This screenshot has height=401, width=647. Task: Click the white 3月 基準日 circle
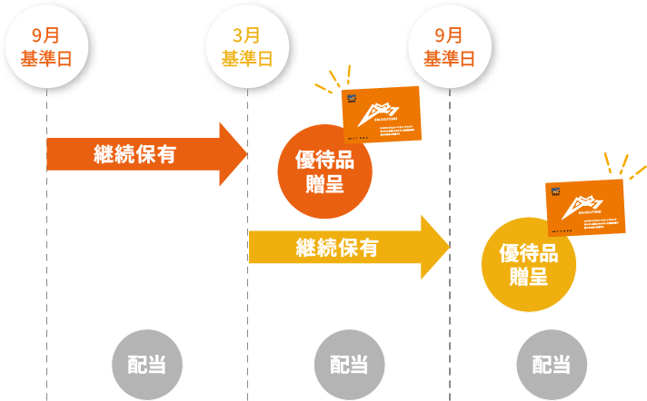coord(247,47)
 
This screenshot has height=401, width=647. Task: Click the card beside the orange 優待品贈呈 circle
coord(382,115)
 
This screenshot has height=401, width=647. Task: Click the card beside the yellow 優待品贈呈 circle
coord(585,209)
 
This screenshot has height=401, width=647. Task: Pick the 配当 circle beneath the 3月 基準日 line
coord(349,365)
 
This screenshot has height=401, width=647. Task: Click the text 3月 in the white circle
coord(247,36)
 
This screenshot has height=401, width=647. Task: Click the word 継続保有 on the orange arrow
coord(134,154)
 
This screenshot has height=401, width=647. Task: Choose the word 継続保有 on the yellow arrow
coord(336,247)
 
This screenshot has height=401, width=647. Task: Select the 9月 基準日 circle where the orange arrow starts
coord(45,47)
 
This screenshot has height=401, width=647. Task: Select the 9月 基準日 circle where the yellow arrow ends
coord(449,47)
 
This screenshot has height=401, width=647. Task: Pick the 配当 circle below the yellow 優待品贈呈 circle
coord(552,365)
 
